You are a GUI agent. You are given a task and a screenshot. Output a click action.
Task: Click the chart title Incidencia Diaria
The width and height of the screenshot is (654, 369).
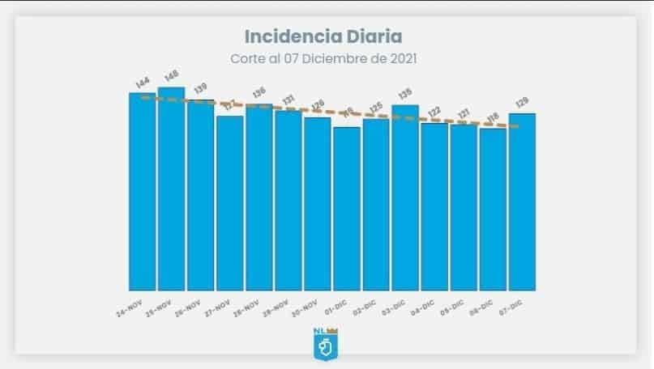click(x=323, y=36)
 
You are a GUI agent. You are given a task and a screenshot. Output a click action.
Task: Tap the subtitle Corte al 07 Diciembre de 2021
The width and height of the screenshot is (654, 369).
click(x=323, y=59)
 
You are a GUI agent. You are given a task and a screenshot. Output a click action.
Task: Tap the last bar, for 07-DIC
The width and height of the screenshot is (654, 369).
click(x=522, y=201)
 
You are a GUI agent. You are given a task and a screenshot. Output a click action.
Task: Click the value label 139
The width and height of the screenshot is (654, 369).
click(x=200, y=88)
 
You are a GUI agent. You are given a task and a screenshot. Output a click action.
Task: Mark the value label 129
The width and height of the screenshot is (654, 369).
click(x=523, y=103)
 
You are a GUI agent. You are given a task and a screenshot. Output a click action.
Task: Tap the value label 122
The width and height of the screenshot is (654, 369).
click(x=435, y=112)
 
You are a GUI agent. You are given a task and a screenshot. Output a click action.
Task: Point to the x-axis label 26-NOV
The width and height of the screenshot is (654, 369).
click(x=188, y=308)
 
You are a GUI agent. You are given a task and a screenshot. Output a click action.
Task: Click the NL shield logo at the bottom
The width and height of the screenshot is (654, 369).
click(x=325, y=343)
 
